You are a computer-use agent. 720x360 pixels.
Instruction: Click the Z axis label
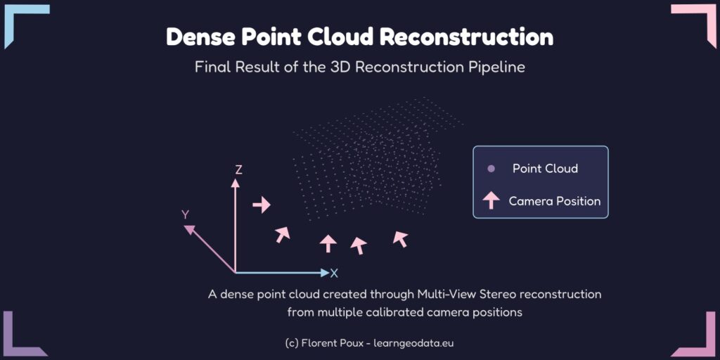(238, 170)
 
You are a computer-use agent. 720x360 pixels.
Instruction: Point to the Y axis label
(185, 215)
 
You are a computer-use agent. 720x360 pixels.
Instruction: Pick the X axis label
(334, 274)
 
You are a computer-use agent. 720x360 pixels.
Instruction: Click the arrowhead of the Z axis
(235, 184)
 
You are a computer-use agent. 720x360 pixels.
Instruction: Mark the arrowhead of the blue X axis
(326, 273)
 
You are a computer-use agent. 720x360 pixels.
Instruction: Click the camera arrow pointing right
(262, 205)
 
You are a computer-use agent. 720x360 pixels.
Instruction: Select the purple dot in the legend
(491, 169)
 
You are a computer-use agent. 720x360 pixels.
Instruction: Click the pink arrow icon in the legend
(491, 200)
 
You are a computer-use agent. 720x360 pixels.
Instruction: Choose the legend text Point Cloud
(545, 169)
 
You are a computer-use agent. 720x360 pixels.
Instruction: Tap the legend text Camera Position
(555, 201)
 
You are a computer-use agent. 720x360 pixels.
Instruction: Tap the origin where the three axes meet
(235, 273)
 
